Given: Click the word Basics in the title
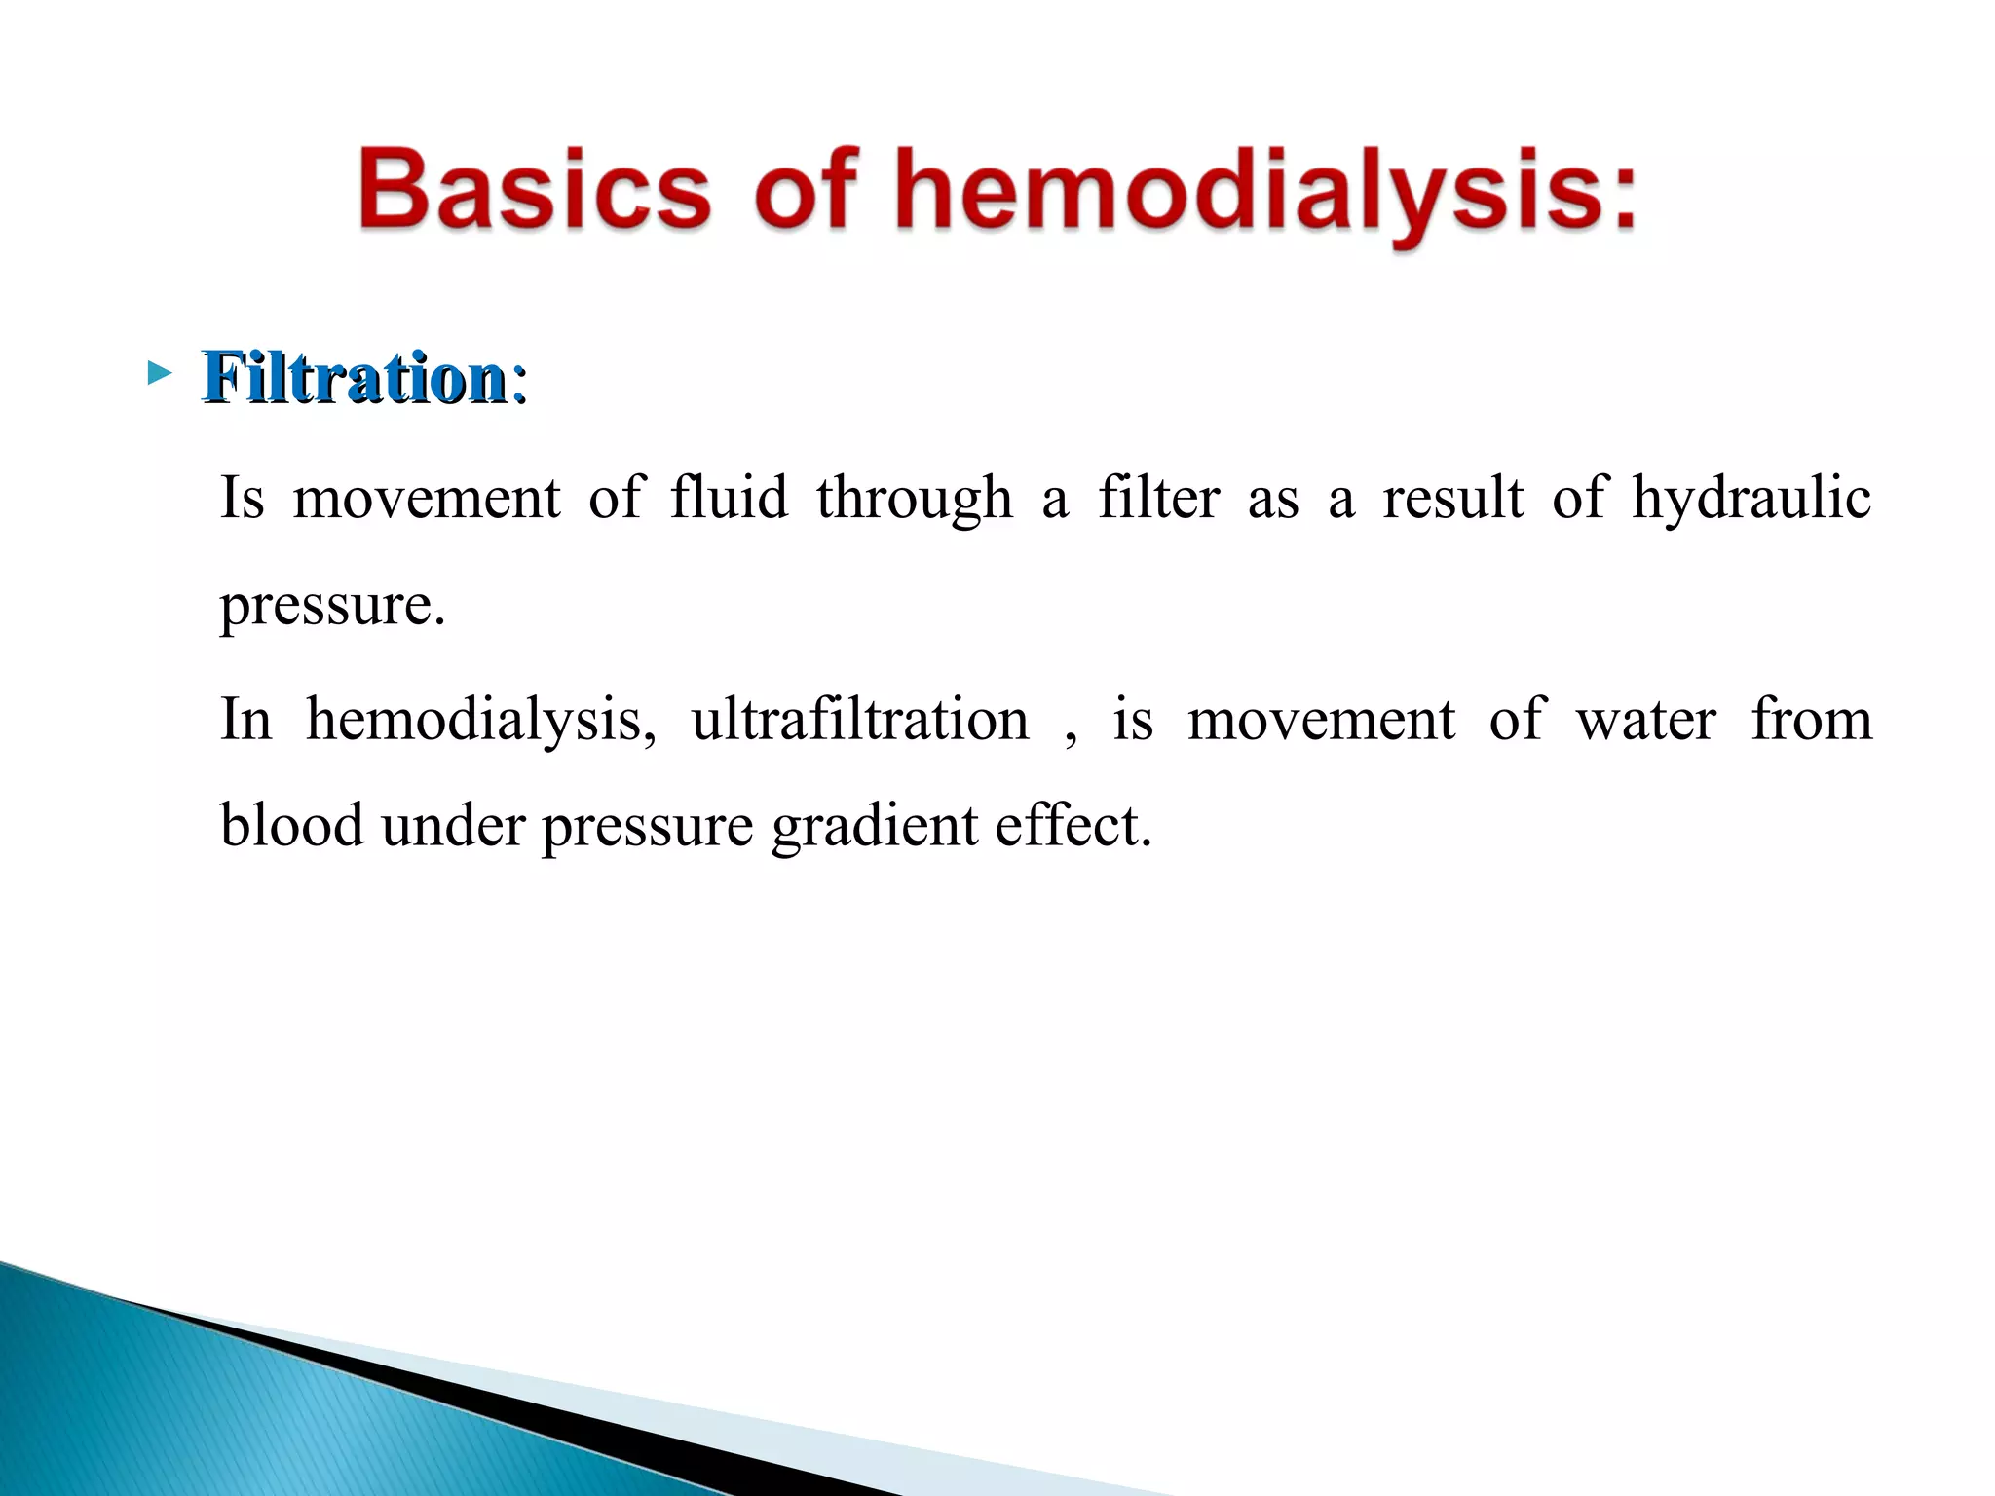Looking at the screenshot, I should (535, 190).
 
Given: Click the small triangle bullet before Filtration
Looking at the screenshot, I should (159, 372).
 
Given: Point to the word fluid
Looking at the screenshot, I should (729, 498).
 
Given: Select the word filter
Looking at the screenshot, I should (1158, 498).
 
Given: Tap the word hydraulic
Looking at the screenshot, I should (1750, 500).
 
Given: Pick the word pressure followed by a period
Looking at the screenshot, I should (331, 607).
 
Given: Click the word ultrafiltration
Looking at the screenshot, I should (859, 720).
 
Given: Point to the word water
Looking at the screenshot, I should (1645, 722).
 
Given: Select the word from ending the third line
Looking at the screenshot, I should (1811, 720).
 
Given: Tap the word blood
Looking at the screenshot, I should (291, 826).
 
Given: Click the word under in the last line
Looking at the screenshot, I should (452, 826).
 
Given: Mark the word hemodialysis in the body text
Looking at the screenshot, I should (480, 722).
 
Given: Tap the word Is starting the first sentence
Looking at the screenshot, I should (243, 498).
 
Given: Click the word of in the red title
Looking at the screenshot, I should (805, 190).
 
